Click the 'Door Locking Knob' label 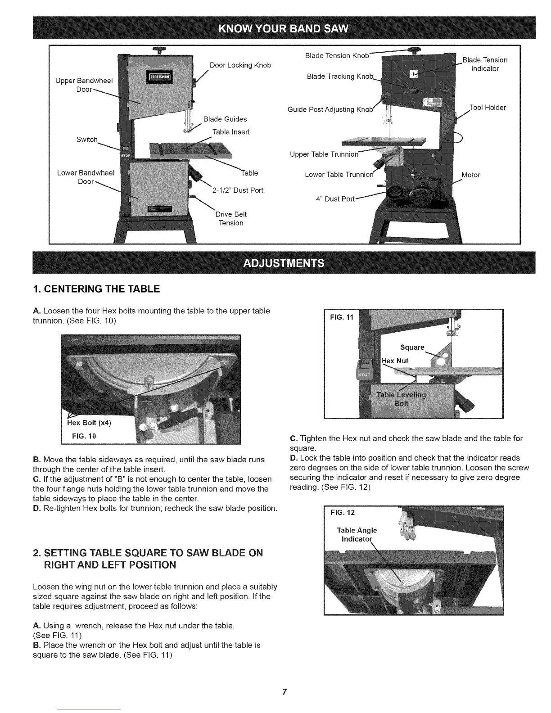click(240, 65)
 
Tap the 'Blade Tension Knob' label click(337, 56)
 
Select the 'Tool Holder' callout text click(488, 108)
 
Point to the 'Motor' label click(471, 175)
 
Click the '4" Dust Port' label click(335, 199)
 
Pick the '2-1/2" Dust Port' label click(237, 190)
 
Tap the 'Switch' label click(87, 140)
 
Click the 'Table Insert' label click(230, 132)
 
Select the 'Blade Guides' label click(225, 119)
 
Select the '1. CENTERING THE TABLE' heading click(96, 289)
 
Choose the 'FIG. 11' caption click(342, 317)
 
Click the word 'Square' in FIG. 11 click(412, 347)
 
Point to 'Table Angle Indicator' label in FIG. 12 click(357, 535)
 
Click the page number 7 click(284, 692)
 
